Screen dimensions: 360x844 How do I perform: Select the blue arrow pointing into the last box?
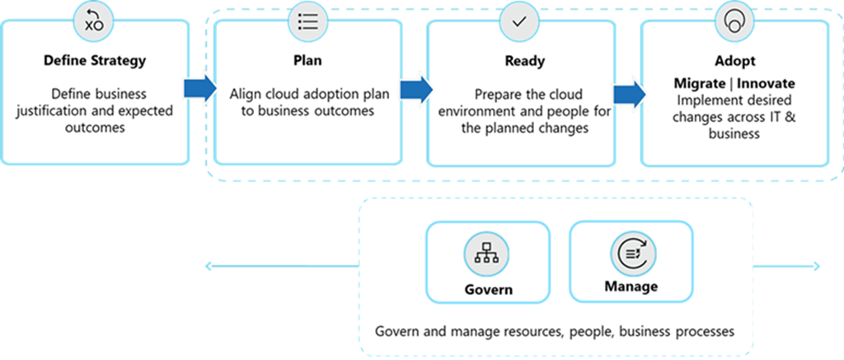tap(629, 94)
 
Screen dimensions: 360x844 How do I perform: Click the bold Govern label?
tap(488, 289)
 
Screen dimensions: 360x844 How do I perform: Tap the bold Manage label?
tap(631, 286)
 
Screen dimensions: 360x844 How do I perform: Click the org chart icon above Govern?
tap(487, 254)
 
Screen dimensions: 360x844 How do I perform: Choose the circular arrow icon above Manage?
tap(631, 252)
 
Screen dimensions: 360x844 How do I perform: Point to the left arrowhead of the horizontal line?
tap(209, 265)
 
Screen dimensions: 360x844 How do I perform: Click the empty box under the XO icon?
tap(95, 95)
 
